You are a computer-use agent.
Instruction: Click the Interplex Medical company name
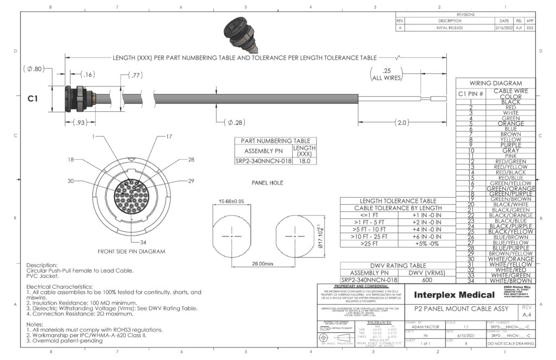[454, 295]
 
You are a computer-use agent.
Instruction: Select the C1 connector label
[33, 99]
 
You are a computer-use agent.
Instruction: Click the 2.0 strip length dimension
[402, 123]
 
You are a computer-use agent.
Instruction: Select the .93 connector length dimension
[80, 123]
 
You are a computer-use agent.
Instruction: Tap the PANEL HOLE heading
[267, 183]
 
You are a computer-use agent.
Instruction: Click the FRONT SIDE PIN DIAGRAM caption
[131, 251]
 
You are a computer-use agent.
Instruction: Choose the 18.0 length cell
[305, 161]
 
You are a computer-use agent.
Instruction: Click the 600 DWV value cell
[427, 280]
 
